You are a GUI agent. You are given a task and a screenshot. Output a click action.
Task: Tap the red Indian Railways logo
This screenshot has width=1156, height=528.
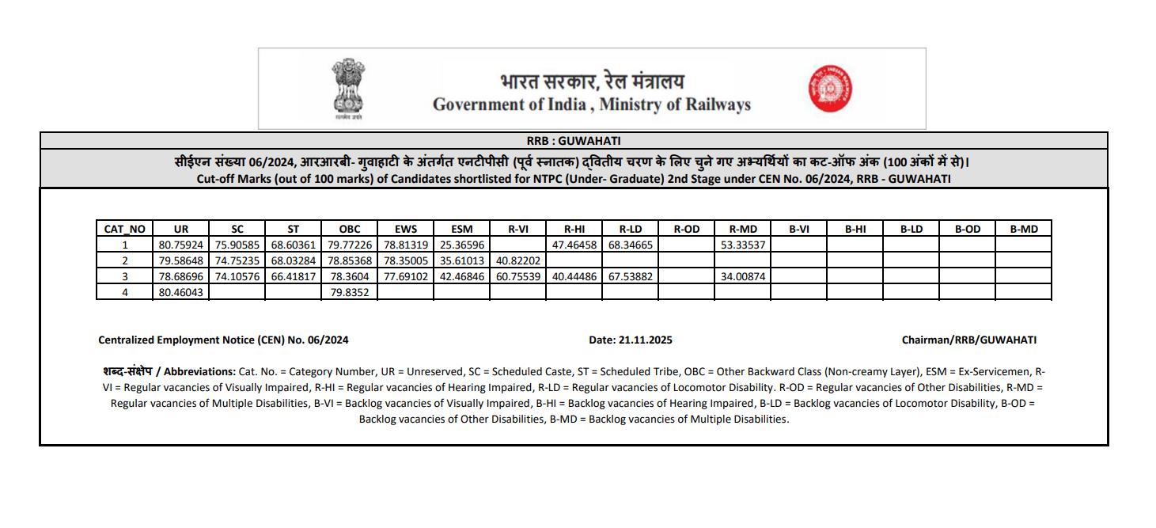[x=830, y=89]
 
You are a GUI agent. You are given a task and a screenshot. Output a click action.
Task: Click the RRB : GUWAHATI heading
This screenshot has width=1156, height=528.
[x=574, y=140]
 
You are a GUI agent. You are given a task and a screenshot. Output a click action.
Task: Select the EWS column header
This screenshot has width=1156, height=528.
[x=405, y=229]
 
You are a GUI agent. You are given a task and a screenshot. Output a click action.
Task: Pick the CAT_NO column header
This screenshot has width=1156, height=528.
[x=124, y=229]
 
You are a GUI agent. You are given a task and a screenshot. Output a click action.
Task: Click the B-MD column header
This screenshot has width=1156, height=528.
[x=1023, y=229]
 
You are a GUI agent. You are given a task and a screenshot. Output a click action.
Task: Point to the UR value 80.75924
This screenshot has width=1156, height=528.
[x=181, y=245]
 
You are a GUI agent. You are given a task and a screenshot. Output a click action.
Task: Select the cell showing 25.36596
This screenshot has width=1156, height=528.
[x=461, y=245]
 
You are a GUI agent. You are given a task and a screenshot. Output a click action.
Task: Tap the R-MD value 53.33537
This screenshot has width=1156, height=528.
[x=742, y=245]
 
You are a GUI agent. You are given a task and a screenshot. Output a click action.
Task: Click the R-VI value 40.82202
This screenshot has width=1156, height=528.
[x=517, y=260]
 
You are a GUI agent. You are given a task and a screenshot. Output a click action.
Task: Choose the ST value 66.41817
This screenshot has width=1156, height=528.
[x=294, y=276]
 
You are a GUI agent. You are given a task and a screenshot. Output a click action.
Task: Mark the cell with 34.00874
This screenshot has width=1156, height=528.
[x=742, y=276]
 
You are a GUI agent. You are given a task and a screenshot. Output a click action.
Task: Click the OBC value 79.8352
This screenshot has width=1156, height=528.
[x=349, y=292]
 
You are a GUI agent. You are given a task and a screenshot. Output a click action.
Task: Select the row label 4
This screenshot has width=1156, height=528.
[x=124, y=292]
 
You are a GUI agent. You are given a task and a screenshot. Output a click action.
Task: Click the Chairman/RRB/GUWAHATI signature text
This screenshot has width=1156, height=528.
[x=968, y=340]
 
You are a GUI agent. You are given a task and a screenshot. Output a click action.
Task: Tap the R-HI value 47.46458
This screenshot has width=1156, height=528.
[x=574, y=245]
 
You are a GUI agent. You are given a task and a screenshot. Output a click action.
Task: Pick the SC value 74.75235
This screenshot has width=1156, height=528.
[x=237, y=260]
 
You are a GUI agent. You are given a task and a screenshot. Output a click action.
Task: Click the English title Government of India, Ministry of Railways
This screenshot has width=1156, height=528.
[x=591, y=104]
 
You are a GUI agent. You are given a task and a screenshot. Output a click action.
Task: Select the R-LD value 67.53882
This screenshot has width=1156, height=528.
[x=630, y=276]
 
